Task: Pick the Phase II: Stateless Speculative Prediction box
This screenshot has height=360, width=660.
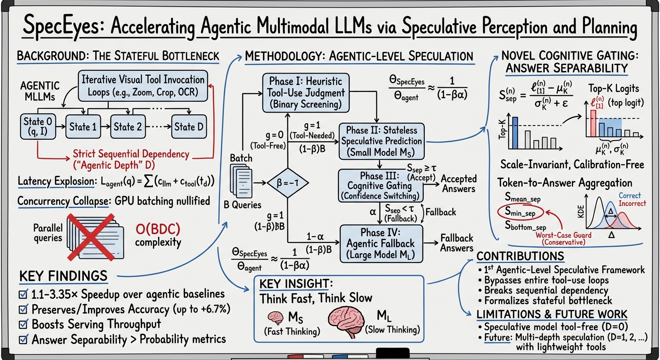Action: coord(382,141)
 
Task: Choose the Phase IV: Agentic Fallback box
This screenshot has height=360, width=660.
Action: coord(381,243)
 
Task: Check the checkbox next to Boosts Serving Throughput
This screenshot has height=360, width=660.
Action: coord(23,324)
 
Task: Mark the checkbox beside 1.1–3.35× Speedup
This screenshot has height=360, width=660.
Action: coord(23,294)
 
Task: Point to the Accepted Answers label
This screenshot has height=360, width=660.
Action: coord(458,184)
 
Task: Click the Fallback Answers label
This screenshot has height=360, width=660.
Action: coord(457,243)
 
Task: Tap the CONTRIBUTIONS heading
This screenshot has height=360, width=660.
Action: coord(520,256)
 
